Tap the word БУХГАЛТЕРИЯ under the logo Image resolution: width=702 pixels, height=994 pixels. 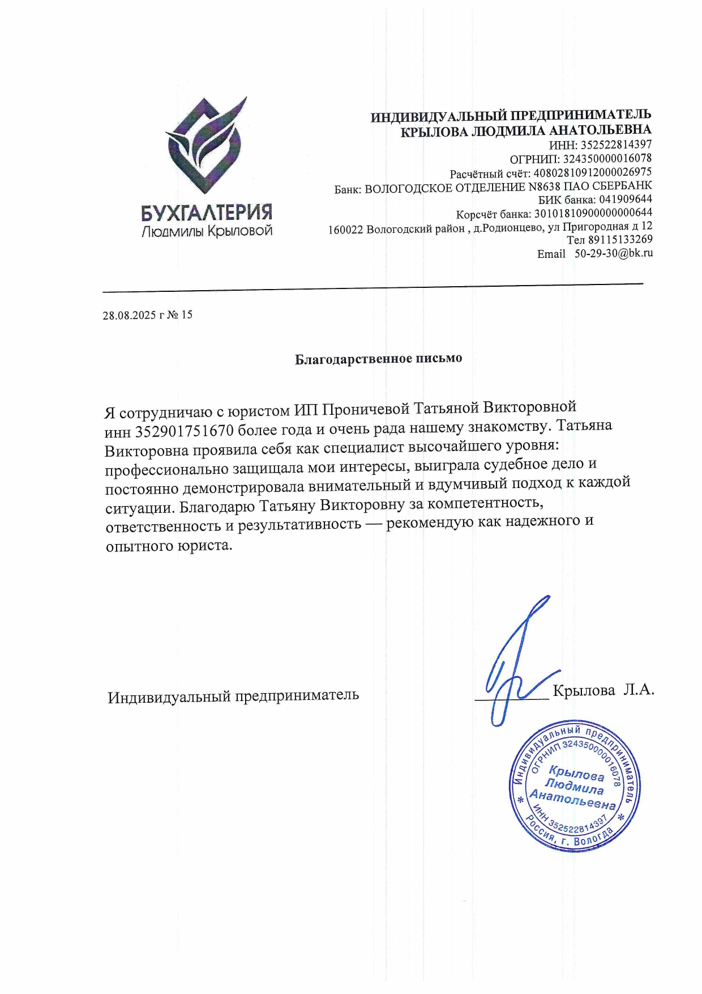click(207, 213)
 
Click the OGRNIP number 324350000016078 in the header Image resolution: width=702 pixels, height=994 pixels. click(607, 158)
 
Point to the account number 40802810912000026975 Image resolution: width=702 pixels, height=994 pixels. click(592, 172)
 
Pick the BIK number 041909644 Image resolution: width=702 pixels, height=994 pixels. click(625, 199)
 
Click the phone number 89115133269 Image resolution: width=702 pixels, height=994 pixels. click(620, 240)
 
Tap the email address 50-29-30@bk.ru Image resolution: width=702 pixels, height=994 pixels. click(614, 253)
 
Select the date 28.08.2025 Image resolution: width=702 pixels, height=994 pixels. click(129, 315)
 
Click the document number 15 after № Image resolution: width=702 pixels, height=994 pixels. click(187, 315)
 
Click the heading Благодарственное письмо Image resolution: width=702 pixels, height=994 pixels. click(378, 359)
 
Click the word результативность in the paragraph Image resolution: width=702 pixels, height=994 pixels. click(299, 525)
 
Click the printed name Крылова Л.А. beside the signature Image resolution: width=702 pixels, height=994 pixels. click(603, 690)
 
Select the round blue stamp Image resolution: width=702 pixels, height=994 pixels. click(575, 787)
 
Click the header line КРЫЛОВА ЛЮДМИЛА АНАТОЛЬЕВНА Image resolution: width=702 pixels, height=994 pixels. click(526, 131)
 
